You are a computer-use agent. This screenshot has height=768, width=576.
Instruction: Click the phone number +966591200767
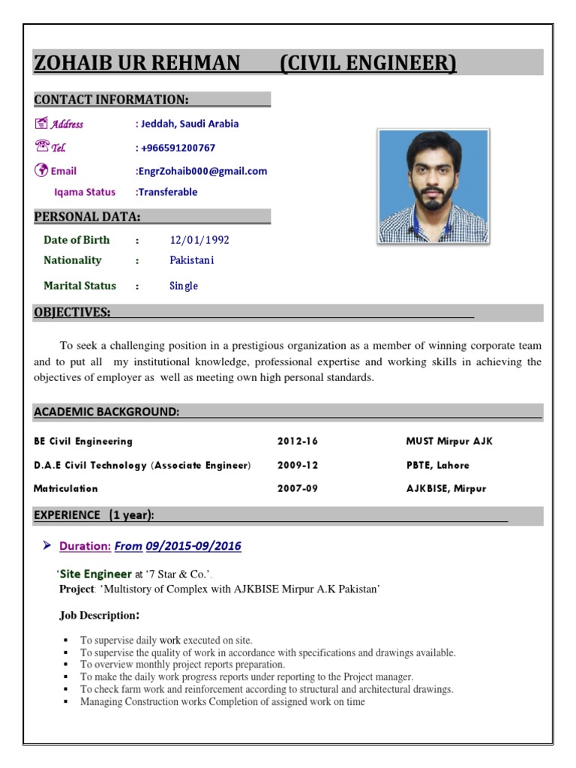177,148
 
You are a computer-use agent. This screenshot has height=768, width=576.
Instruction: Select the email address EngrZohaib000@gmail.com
201,171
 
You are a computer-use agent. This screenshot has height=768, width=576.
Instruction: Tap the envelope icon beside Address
41,124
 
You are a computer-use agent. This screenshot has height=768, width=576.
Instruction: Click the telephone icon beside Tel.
41,147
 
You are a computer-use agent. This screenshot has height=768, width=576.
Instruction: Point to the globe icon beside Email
41,170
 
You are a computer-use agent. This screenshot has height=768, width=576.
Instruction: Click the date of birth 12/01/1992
199,240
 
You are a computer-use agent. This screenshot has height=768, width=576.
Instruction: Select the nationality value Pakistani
192,260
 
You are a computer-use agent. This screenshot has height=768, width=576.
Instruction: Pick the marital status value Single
184,286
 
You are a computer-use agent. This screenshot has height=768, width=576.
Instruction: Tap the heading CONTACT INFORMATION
111,100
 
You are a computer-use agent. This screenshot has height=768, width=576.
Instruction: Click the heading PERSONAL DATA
87,217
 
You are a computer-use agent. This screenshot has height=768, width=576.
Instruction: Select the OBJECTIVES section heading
72,312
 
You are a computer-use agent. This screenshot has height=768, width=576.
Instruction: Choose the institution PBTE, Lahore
437,465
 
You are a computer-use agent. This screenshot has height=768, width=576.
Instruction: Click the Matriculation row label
66,488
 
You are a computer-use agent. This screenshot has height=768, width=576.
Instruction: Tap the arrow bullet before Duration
46,545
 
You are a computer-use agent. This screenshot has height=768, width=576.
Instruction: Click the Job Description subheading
99,616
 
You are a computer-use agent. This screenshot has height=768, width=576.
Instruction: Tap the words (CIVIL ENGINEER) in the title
367,64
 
